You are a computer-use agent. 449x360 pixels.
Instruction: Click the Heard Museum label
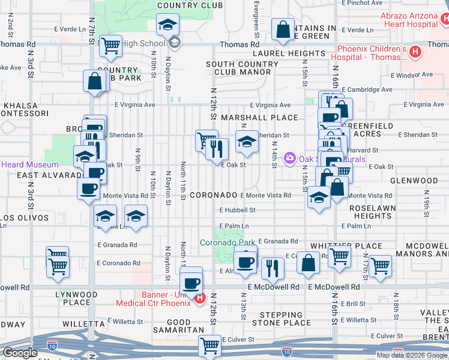(29, 164)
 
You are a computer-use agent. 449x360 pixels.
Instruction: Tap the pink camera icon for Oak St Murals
(290, 158)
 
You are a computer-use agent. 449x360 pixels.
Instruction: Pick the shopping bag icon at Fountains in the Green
(282, 28)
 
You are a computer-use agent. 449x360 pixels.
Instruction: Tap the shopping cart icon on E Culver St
(209, 345)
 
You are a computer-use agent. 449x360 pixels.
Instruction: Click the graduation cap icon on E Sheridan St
(246, 142)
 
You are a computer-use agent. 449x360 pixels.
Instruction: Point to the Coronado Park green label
(228, 242)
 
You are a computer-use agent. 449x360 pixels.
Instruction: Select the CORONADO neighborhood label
(213, 196)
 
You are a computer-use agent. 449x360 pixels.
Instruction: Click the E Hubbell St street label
(238, 211)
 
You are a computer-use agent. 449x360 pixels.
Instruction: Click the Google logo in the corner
(20, 353)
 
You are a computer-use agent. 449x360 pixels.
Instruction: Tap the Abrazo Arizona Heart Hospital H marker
(444, 20)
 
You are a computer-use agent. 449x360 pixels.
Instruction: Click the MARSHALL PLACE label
(259, 118)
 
